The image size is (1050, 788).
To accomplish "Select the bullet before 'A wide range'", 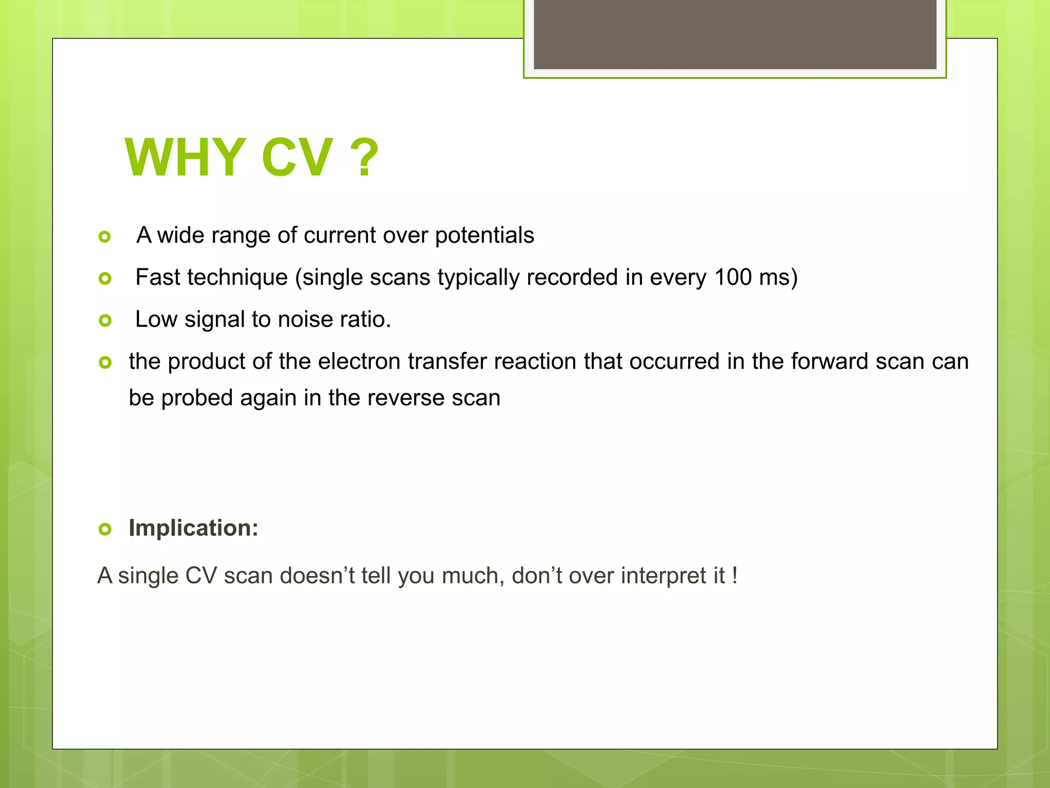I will pos(105,237).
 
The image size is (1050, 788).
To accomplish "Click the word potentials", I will pos(484,235).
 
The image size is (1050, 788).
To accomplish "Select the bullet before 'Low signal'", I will pos(105,321).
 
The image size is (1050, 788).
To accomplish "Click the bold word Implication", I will pos(193,528).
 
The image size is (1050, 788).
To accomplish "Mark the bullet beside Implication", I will pos(105,529).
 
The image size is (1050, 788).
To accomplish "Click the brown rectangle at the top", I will pos(735,34).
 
